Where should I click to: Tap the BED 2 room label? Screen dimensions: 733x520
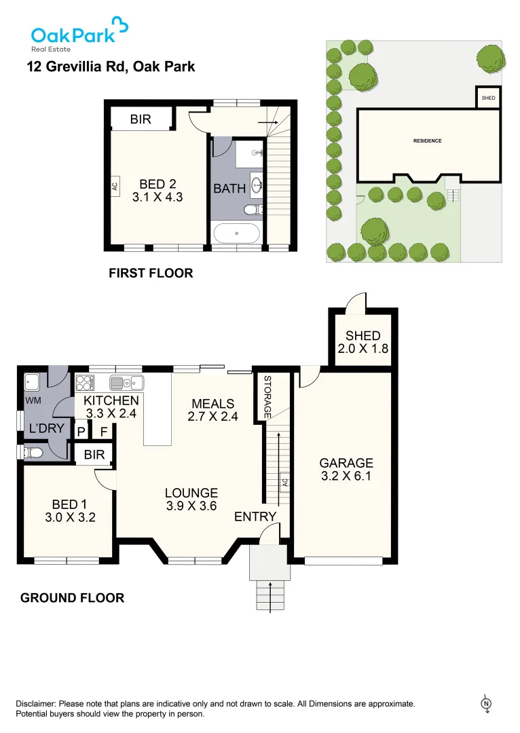pyautogui.click(x=157, y=183)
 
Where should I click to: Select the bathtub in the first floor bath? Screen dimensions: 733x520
pyautogui.click(x=236, y=233)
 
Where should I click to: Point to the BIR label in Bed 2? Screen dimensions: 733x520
pyautogui.click(x=141, y=119)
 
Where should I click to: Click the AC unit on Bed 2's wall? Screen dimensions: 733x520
pyautogui.click(x=115, y=184)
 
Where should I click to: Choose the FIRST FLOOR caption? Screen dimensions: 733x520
pyautogui.click(x=151, y=273)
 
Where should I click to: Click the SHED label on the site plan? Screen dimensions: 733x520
pyautogui.click(x=488, y=98)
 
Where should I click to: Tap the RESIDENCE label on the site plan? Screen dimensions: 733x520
pyautogui.click(x=428, y=141)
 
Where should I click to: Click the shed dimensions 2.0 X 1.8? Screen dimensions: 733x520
pyautogui.click(x=363, y=350)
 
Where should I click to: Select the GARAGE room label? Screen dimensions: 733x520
pyautogui.click(x=346, y=464)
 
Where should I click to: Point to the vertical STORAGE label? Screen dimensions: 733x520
pyautogui.click(x=267, y=397)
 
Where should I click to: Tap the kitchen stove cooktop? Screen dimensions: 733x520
pyautogui.click(x=83, y=382)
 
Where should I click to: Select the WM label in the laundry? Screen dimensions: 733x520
pyautogui.click(x=33, y=401)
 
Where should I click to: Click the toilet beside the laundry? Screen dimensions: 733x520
pyautogui.click(x=33, y=452)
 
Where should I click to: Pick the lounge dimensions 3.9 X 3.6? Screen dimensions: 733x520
pyautogui.click(x=191, y=505)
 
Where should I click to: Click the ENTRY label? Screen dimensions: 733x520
pyautogui.click(x=255, y=517)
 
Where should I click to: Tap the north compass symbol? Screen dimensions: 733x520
pyautogui.click(x=486, y=704)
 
